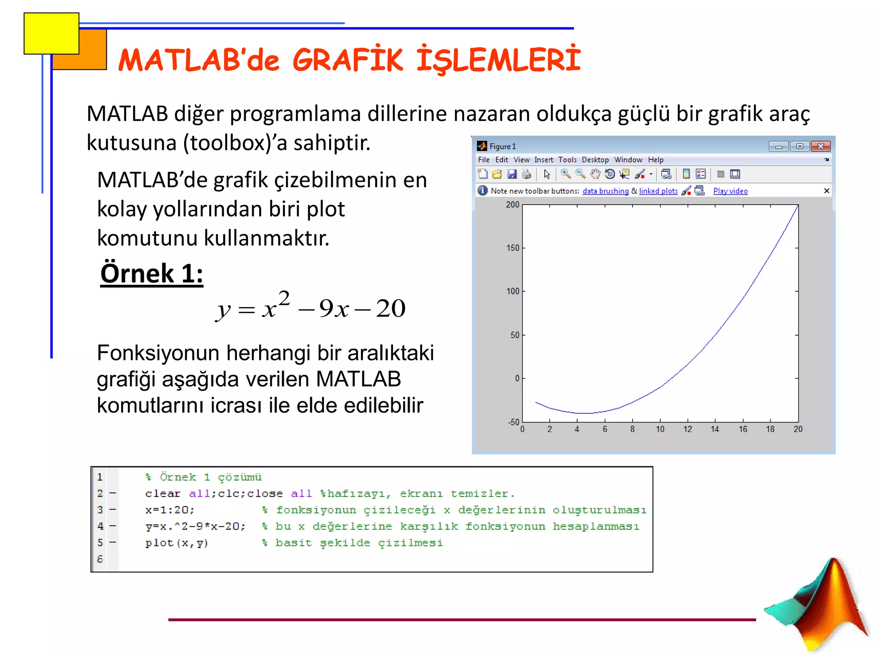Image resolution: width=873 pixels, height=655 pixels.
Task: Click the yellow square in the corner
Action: (51, 33)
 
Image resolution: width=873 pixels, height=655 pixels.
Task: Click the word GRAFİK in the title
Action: (347, 60)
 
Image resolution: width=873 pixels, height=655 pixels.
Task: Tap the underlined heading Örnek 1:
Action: (152, 273)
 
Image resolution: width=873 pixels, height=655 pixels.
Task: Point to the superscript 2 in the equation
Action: (284, 298)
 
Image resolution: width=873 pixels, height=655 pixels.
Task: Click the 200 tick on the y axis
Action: (512, 205)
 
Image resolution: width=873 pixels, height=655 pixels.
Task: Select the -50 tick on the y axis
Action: (513, 422)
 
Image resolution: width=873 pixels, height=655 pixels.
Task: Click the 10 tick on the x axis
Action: (660, 429)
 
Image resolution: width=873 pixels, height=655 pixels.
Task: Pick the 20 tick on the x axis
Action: (798, 429)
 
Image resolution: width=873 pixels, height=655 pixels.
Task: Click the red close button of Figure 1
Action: (820, 146)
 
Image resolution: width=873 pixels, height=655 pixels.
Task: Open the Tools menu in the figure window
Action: (567, 160)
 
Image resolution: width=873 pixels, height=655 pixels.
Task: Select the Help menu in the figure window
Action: (656, 160)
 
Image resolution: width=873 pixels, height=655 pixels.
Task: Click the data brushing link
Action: (605, 191)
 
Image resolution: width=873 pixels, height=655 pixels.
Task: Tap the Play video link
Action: (730, 191)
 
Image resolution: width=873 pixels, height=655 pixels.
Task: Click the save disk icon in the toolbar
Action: (512, 174)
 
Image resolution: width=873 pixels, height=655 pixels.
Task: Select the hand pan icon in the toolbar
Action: (595, 174)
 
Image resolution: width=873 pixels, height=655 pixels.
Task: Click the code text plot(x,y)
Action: (176, 543)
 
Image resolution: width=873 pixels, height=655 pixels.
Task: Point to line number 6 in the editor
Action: (100, 559)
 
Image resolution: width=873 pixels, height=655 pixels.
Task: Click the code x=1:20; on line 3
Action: (170, 510)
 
